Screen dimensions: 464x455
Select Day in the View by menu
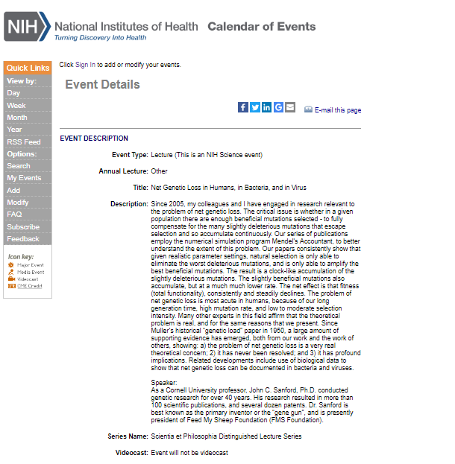point(13,93)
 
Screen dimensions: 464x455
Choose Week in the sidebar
point(16,106)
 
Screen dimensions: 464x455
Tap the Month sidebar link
point(17,118)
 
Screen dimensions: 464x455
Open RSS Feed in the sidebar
point(24,142)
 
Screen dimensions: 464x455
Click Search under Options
point(19,166)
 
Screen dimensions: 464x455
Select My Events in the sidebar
point(24,178)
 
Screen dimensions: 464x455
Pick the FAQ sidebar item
point(14,214)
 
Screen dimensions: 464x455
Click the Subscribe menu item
point(23,227)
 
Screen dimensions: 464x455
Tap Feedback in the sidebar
point(23,239)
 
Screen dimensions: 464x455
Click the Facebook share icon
point(243,107)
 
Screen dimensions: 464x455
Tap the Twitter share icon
point(255,107)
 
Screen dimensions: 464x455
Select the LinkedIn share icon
point(267,107)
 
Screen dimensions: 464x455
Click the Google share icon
point(278,107)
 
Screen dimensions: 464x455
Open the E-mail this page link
point(337,110)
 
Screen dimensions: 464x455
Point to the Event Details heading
point(102,84)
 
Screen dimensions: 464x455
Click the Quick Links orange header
point(28,68)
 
